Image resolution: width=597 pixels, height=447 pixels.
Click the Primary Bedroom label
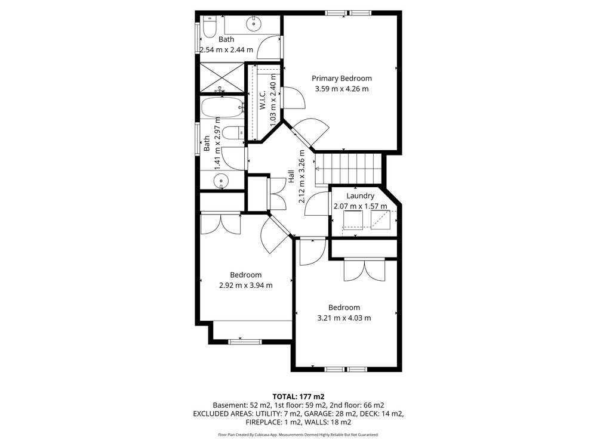coord(341,78)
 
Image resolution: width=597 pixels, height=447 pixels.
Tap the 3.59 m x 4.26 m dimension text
coord(341,89)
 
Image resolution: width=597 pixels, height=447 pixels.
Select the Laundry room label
coord(360,195)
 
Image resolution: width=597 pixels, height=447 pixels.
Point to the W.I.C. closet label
coord(263,100)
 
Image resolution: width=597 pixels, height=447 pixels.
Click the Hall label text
coord(291,176)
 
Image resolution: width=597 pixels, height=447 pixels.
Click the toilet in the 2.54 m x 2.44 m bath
coord(208,27)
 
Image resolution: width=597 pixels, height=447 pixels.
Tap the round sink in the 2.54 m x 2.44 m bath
coord(253,24)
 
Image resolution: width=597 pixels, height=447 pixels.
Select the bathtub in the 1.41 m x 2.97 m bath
coord(222,107)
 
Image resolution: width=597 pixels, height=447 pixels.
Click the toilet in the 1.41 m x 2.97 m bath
coord(233,133)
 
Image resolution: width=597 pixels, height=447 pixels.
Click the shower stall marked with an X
coord(221,78)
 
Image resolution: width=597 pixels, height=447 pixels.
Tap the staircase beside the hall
coord(349,169)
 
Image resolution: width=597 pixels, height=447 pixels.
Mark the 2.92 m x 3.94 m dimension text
coord(245,285)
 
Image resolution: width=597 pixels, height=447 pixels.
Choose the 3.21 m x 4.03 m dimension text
coord(344,318)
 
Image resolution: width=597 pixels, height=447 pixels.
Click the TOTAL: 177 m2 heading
coord(298,397)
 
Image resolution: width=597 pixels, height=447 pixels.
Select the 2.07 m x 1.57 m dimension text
coord(360,206)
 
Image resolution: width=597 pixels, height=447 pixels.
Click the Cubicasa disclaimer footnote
coord(298,434)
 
